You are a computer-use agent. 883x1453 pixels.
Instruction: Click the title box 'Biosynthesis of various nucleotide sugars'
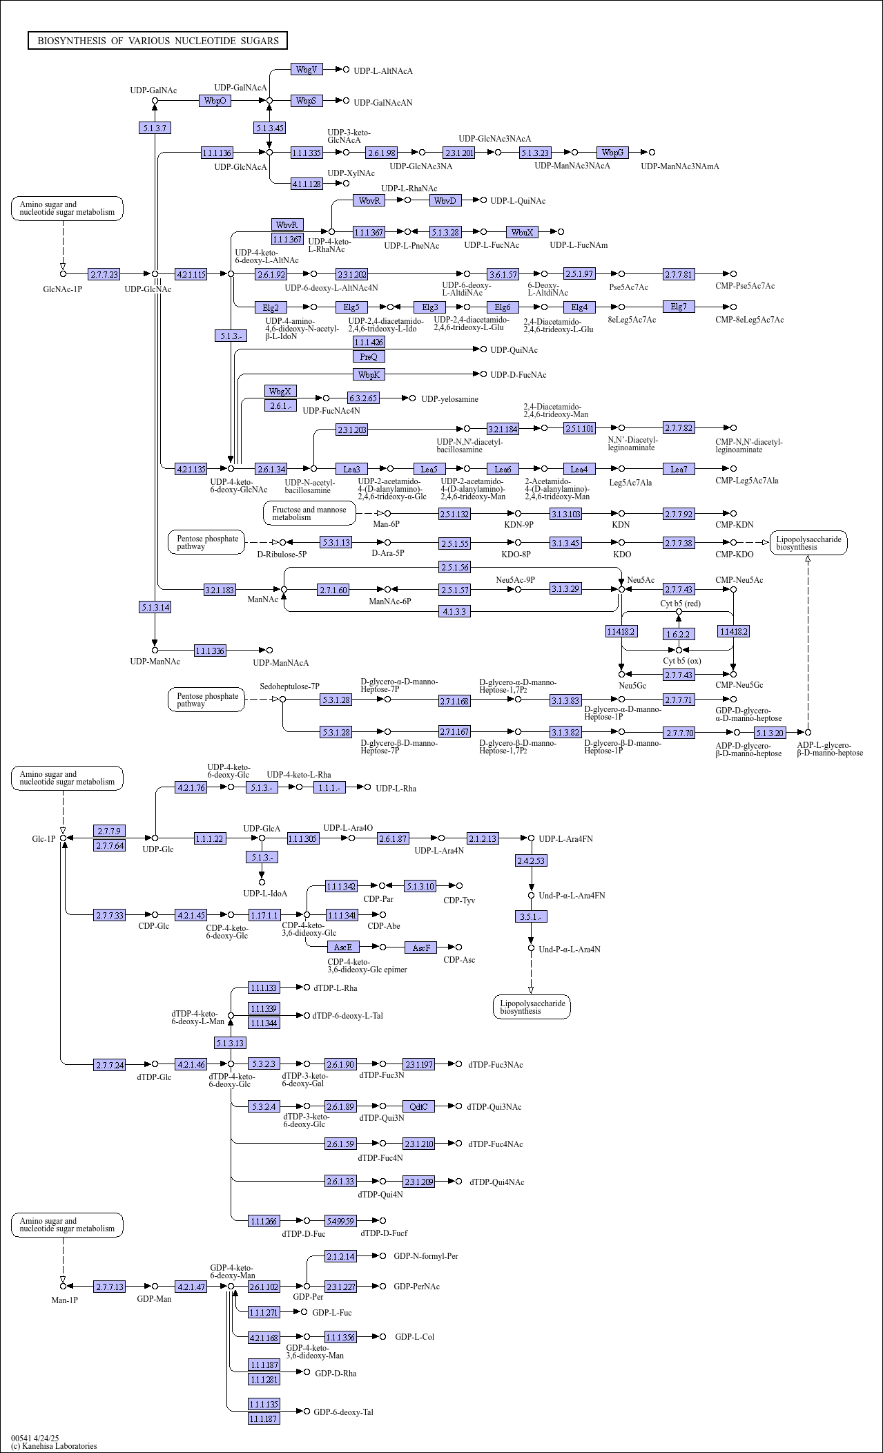(157, 41)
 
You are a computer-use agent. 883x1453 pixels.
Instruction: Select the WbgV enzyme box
(307, 70)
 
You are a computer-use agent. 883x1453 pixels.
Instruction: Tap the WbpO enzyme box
(215, 101)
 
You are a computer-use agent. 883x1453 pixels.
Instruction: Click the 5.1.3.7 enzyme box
(155, 128)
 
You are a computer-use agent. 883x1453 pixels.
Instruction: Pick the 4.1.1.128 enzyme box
(307, 184)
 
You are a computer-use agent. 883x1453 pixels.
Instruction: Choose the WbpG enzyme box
(613, 153)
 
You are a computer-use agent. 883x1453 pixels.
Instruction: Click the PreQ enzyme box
(369, 356)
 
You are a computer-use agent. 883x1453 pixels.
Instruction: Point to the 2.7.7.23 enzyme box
(104, 274)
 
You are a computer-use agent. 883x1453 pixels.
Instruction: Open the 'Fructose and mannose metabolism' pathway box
(309, 513)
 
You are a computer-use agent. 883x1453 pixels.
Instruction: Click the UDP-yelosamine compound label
(449, 399)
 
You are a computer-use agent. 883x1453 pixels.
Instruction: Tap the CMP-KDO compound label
(735, 554)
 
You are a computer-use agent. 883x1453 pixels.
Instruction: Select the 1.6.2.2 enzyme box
(678, 634)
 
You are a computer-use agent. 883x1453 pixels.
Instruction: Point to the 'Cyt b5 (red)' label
(680, 604)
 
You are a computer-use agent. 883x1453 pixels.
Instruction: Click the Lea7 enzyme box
(679, 469)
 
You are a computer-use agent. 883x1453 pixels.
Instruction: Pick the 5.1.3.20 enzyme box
(770, 733)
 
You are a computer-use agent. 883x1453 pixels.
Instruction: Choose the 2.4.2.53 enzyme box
(532, 860)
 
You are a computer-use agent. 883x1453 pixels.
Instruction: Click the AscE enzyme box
(343, 947)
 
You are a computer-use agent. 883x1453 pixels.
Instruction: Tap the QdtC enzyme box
(419, 1106)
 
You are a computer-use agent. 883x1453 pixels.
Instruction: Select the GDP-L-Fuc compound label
(332, 1312)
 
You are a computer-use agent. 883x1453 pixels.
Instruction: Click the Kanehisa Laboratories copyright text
(54, 1445)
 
